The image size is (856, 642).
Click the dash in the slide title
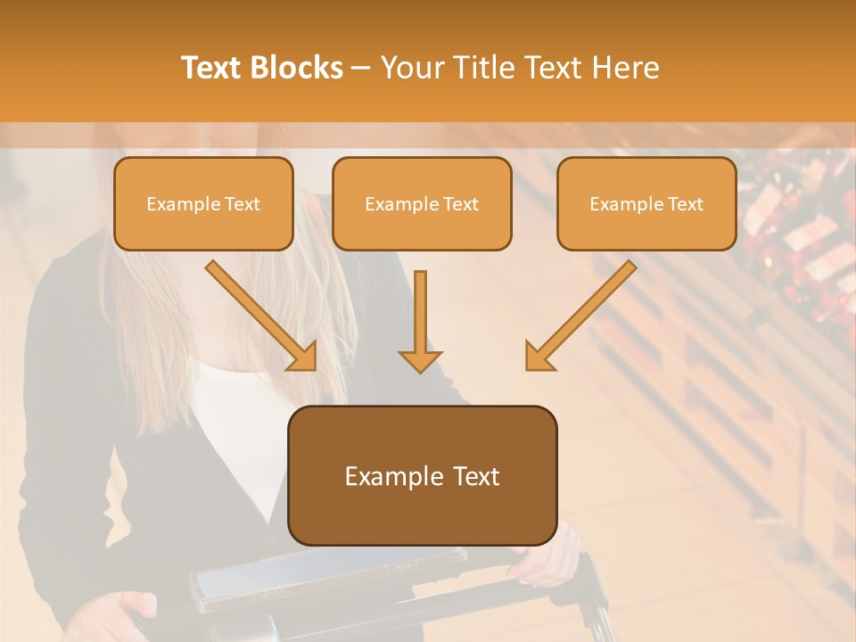coord(361,69)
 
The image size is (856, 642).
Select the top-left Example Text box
coord(203,203)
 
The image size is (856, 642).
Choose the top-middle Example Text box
coord(422,203)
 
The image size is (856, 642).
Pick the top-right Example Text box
coord(646,203)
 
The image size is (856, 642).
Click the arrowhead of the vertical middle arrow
coord(420,360)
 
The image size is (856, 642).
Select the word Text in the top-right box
coord(684,204)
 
